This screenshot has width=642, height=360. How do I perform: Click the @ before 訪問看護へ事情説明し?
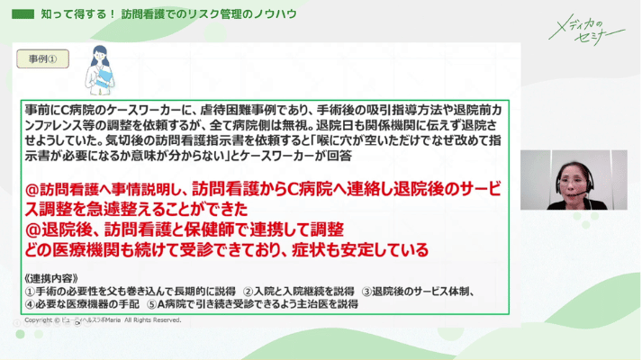click(33, 191)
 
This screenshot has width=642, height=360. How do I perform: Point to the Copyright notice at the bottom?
click(104, 320)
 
